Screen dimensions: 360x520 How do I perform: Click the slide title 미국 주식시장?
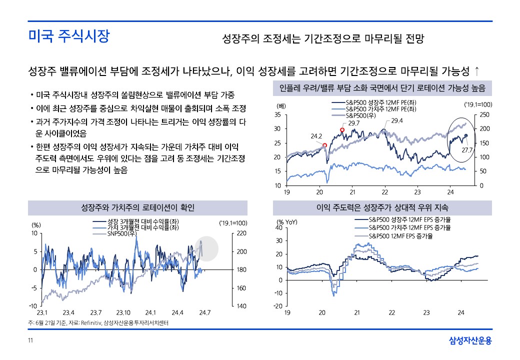click(68, 36)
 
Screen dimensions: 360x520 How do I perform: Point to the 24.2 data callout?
click(316, 135)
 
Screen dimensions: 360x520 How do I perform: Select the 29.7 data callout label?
click(354, 123)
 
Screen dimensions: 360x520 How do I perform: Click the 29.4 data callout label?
click(397, 120)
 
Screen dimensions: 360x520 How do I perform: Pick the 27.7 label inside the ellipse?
click(467, 149)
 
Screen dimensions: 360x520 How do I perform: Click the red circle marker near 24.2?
click(324, 145)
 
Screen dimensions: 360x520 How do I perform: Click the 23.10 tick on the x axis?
click(123, 312)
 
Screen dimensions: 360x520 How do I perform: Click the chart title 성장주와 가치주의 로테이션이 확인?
click(137, 207)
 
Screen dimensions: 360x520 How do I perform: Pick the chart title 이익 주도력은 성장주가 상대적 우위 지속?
click(382, 207)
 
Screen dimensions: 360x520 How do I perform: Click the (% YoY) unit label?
click(287, 221)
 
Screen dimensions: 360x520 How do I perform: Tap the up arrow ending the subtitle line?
click(477, 68)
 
